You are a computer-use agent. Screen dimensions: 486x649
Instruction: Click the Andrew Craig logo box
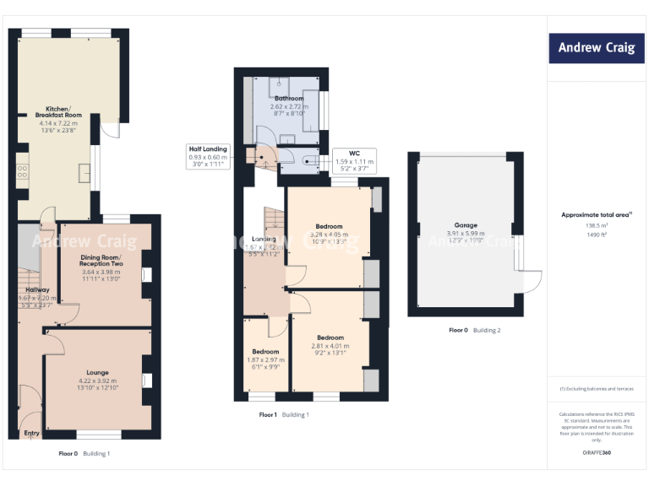coord(596,48)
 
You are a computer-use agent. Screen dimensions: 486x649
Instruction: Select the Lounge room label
coord(97,372)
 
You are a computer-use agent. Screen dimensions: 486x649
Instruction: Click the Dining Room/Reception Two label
coord(101,261)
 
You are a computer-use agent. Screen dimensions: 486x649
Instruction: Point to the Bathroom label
coord(288,99)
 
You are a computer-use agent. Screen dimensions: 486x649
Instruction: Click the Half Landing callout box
coord(207,157)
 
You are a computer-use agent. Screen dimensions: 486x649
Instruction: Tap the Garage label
coord(465,225)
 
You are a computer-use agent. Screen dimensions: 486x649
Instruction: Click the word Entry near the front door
coord(32,434)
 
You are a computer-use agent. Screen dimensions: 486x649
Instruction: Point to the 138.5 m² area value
coord(596,226)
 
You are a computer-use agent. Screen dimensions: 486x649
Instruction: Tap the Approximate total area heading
coord(596,215)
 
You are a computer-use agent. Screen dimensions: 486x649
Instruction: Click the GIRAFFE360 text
coord(596,453)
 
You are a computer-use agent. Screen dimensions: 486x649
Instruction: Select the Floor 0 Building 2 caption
coord(474,330)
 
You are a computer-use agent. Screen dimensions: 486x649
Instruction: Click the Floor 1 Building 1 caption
coord(284,415)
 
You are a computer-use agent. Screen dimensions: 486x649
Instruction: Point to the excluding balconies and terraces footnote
coord(596,388)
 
